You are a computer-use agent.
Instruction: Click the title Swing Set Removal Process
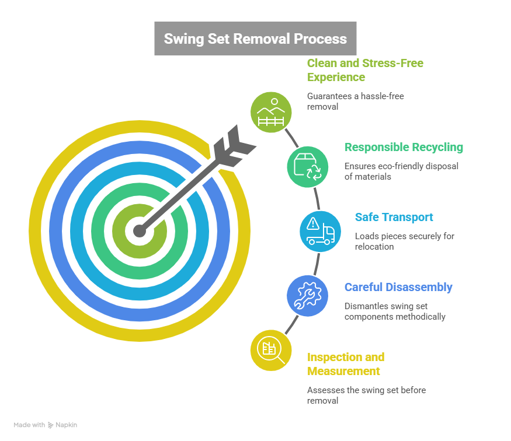(x=255, y=39)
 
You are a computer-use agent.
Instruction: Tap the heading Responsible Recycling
(x=404, y=148)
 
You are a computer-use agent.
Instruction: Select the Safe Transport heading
(x=394, y=218)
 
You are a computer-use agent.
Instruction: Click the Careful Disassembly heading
(x=398, y=287)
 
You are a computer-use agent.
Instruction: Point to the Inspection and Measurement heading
(x=346, y=364)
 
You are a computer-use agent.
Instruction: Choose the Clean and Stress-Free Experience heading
(x=365, y=70)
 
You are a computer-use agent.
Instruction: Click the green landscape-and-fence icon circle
(x=270, y=111)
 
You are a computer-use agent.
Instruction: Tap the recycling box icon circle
(x=307, y=166)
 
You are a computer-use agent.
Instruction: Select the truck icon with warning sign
(x=320, y=231)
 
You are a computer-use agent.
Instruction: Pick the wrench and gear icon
(x=307, y=295)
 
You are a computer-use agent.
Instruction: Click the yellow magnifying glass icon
(x=270, y=350)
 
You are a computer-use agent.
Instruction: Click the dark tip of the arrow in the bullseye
(x=139, y=231)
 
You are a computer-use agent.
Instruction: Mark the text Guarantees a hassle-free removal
(x=356, y=101)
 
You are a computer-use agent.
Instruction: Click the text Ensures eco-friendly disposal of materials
(x=401, y=171)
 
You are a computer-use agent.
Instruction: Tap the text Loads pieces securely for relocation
(x=404, y=241)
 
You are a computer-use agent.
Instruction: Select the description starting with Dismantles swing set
(x=395, y=311)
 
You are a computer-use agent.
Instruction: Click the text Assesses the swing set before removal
(x=366, y=395)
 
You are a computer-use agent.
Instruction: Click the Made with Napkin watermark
(x=45, y=425)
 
